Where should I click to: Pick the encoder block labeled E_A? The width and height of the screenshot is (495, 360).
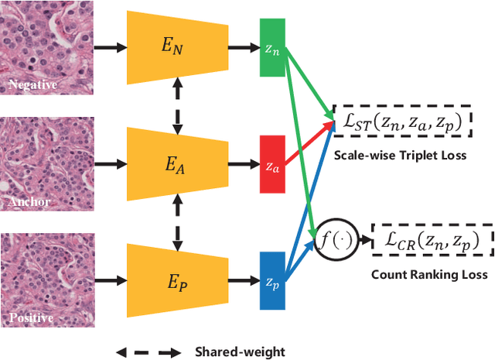click(x=177, y=165)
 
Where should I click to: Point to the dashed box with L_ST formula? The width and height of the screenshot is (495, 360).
click(x=401, y=119)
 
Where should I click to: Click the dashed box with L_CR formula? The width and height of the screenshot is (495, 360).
click(x=432, y=242)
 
